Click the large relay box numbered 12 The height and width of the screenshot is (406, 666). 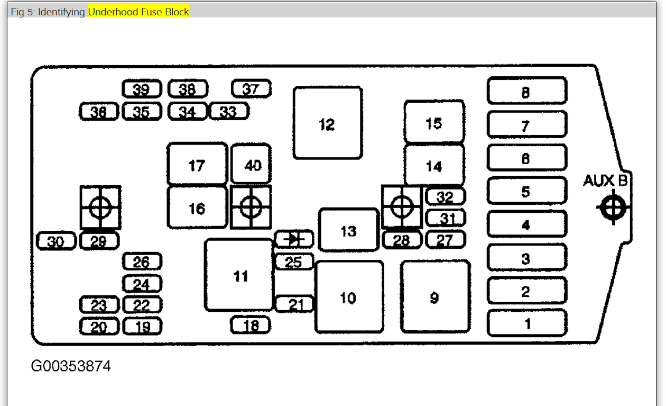tap(328, 123)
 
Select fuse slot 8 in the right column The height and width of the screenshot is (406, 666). tap(526, 91)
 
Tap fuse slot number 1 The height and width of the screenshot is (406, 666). tap(526, 323)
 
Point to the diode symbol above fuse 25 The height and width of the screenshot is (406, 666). tap(294, 239)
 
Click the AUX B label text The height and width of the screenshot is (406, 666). tap(605, 181)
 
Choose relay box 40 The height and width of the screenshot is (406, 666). tap(251, 165)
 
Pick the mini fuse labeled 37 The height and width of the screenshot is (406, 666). tap(251, 89)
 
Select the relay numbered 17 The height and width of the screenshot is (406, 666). tap(197, 165)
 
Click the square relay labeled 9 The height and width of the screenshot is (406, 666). tap(435, 297)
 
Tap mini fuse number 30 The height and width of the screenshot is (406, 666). tap(56, 242)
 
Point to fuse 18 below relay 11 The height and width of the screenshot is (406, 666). tap(251, 325)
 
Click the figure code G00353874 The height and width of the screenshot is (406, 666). tap(71, 366)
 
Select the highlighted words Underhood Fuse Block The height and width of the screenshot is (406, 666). tap(138, 12)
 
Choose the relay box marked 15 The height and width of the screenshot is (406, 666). tap(434, 122)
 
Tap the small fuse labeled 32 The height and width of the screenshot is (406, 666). tap(445, 197)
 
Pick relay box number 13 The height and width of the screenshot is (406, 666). tap(348, 230)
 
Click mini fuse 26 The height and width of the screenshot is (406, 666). tap(142, 261)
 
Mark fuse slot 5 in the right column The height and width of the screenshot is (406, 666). tap(526, 191)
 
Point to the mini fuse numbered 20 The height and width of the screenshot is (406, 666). tap(99, 327)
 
